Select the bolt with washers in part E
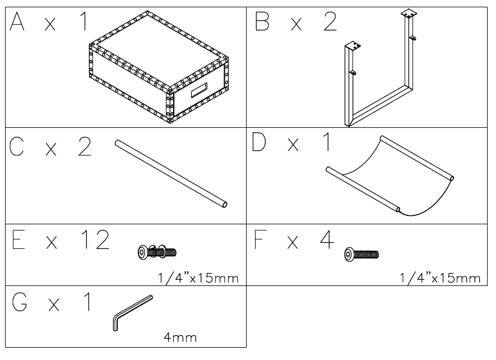click(156, 252)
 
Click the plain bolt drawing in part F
click(361, 255)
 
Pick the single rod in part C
click(171, 174)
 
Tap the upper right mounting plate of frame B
click(409, 13)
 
